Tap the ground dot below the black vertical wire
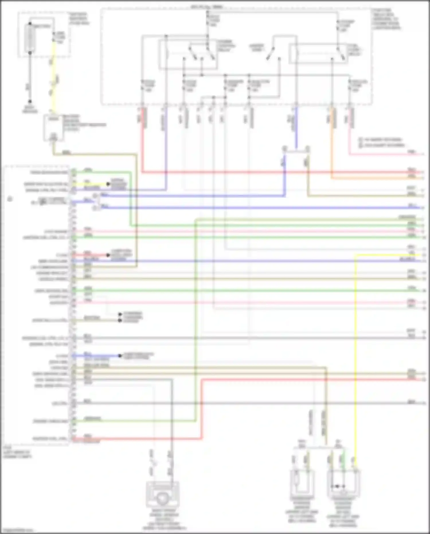click(30, 102)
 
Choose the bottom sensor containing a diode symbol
click(343, 485)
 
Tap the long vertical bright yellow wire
click(355, 359)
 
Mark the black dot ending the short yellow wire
click(108, 184)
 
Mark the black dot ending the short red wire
click(108, 255)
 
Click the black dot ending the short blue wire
click(120, 356)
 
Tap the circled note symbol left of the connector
click(10, 199)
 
